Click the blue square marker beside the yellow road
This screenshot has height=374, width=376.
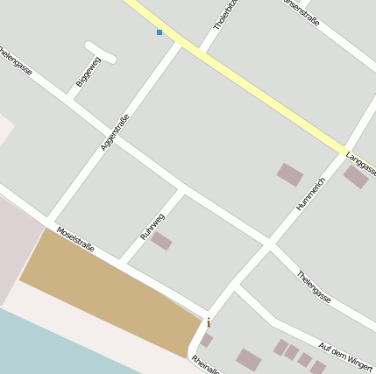pos(160,32)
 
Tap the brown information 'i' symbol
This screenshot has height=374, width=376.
pos(209,322)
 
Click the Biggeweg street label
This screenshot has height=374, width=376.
pos(88,71)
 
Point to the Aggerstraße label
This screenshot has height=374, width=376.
pos(115,132)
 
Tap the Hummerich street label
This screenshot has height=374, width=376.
pos(310,194)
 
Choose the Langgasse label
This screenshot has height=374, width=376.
pos(361,162)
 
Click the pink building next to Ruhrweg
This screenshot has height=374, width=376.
pos(161,241)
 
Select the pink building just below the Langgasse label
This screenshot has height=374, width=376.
pos(355,178)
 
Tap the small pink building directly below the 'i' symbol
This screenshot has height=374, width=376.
pos(206,339)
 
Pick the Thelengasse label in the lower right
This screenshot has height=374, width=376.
pos(313,286)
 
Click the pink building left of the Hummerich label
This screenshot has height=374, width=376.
pos(289,174)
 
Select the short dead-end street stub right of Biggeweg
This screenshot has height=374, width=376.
pos(101,52)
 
